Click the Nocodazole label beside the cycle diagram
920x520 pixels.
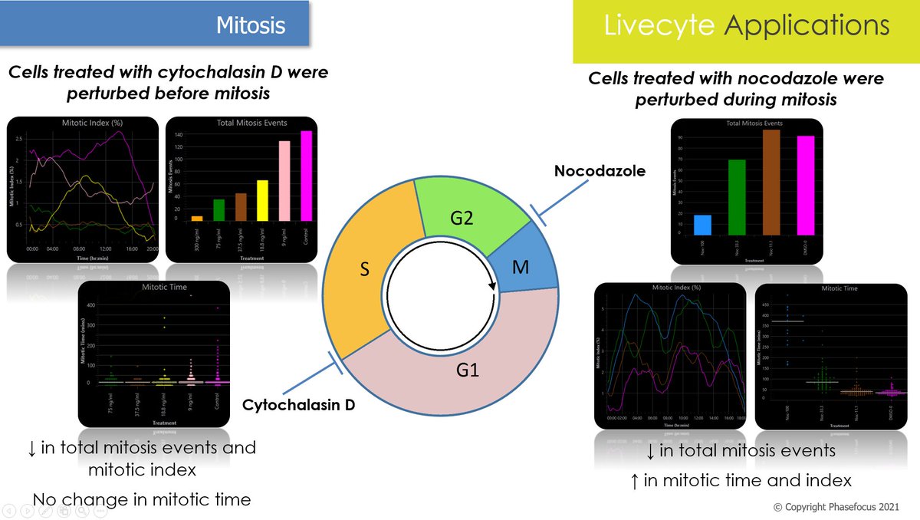[x=600, y=171]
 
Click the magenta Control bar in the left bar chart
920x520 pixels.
[x=307, y=176]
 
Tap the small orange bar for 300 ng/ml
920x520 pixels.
[x=197, y=219]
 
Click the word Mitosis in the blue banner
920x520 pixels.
[x=251, y=25]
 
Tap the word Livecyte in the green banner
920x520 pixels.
[x=660, y=25]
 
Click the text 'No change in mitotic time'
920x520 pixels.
[x=142, y=500]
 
